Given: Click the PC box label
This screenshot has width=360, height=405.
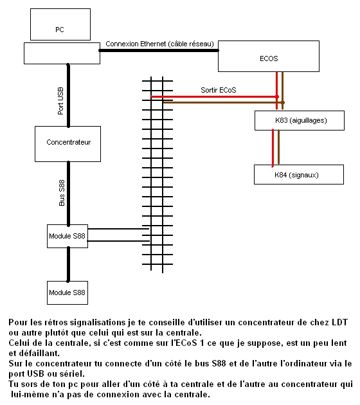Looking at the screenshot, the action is (60, 30).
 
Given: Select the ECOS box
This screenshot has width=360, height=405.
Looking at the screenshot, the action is (269, 56).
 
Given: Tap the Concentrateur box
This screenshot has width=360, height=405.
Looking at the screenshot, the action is (67, 144).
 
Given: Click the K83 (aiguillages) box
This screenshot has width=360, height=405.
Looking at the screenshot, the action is (300, 120).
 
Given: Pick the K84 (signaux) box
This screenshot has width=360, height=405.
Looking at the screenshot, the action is (299, 174).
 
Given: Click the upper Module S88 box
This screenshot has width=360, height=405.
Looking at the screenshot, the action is (67, 236).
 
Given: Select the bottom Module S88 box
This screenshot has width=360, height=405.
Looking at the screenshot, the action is (67, 292).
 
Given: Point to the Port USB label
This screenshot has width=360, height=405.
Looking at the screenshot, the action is (60, 101).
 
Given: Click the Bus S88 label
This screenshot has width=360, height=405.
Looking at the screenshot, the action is (62, 193).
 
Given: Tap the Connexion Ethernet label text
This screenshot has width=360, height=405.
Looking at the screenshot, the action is (159, 44).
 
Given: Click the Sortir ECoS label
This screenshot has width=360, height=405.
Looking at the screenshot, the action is (219, 90).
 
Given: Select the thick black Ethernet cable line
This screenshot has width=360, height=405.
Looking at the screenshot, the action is (159, 50).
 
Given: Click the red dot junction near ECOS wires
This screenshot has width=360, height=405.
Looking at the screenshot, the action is (277, 97).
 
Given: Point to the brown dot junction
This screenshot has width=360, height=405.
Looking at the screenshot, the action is (283, 103).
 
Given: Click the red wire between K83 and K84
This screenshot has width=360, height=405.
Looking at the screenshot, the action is (273, 148).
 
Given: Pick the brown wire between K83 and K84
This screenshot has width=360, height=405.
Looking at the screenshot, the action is (278, 147).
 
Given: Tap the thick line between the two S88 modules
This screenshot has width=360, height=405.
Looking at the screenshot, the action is (68, 264).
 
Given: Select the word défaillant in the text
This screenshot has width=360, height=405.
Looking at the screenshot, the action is (38, 353).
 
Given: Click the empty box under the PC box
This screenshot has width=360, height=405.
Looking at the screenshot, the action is (62, 53).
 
